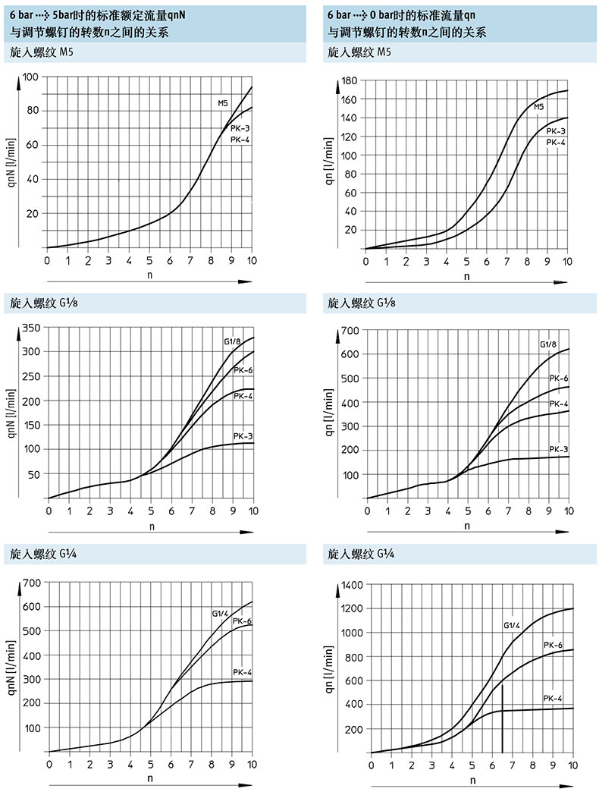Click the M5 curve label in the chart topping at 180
(x=539, y=107)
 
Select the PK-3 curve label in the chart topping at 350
(x=243, y=436)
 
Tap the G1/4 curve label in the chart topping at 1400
(x=513, y=627)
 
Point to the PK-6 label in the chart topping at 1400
(x=554, y=645)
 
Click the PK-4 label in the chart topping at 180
(x=556, y=142)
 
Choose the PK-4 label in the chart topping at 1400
(x=554, y=697)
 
